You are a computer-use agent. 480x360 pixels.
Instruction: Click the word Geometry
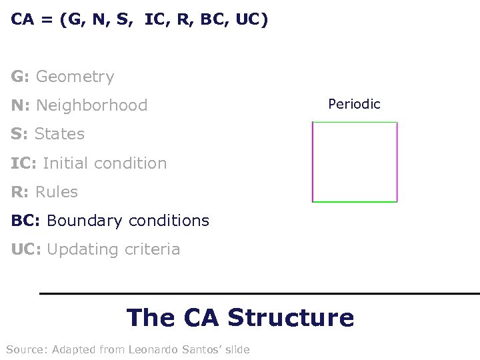75,77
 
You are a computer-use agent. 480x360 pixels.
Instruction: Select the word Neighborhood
92,105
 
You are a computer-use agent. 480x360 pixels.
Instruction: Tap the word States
59,134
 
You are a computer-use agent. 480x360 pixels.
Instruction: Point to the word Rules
57,192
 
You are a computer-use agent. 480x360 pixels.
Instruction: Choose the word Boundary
83,221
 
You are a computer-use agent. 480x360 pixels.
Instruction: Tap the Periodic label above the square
354,104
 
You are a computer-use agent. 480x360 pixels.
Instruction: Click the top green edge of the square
354,123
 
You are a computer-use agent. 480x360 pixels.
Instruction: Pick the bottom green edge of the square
354,201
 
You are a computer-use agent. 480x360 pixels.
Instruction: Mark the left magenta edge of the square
313,161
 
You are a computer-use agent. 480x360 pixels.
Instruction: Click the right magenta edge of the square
396,161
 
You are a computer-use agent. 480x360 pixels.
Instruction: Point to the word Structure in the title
291,317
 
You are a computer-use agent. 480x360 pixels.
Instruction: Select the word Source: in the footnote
25,349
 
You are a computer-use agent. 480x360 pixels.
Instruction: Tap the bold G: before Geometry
20,77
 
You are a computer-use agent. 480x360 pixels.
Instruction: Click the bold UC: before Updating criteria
25,249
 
